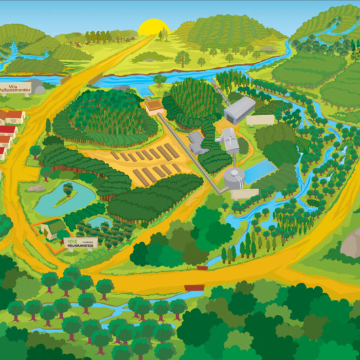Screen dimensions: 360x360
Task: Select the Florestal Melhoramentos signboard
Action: pos(81,244)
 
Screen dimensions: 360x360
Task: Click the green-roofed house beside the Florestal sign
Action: pos(53,228)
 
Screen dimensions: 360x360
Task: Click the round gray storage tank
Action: pos(234,177)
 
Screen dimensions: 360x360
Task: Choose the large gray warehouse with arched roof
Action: pos(240,110)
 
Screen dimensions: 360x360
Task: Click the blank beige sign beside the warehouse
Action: pos(261,120)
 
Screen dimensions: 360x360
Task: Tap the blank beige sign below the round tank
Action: pos(245,194)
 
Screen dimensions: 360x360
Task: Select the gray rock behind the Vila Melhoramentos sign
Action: pos(38,86)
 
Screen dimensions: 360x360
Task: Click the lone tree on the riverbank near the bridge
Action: pos(159,80)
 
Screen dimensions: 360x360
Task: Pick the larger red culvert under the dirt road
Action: pos(194,287)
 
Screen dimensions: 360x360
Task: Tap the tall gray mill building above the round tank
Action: pos(227,138)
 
